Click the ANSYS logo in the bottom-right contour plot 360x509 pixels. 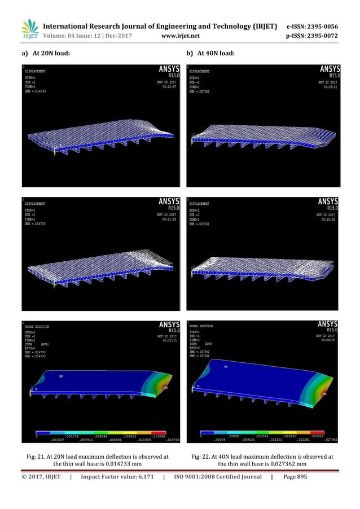(328, 325)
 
